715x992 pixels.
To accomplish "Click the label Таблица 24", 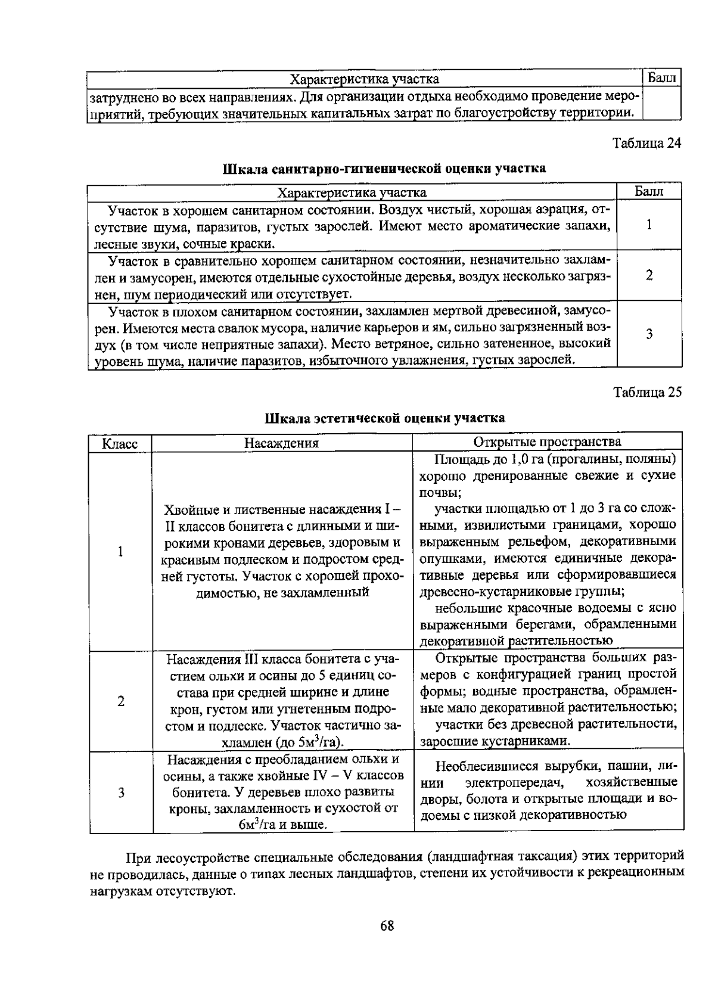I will coord(647,144).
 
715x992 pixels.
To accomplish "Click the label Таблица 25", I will coord(647,392).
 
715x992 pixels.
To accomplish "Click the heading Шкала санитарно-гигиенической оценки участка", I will coord(384,169).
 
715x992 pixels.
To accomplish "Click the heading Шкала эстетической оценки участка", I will coord(385,418).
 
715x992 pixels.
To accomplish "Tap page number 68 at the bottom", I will coord(387,925).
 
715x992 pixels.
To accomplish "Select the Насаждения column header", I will coord(282,443).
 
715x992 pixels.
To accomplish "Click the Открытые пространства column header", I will coord(547,441).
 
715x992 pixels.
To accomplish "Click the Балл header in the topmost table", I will coord(662,78).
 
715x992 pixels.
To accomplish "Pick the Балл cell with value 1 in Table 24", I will coord(649,225).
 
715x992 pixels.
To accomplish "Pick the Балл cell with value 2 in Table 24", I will coord(649,275).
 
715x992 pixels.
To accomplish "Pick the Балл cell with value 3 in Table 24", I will coord(649,334).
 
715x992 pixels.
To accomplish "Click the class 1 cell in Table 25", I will coord(120,551).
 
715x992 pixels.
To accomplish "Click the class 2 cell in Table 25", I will coord(120,701).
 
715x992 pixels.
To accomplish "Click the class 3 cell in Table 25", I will coord(120,792).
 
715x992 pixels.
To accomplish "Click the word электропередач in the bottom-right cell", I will coord(516,782).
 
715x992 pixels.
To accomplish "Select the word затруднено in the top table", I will coord(119,97).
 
